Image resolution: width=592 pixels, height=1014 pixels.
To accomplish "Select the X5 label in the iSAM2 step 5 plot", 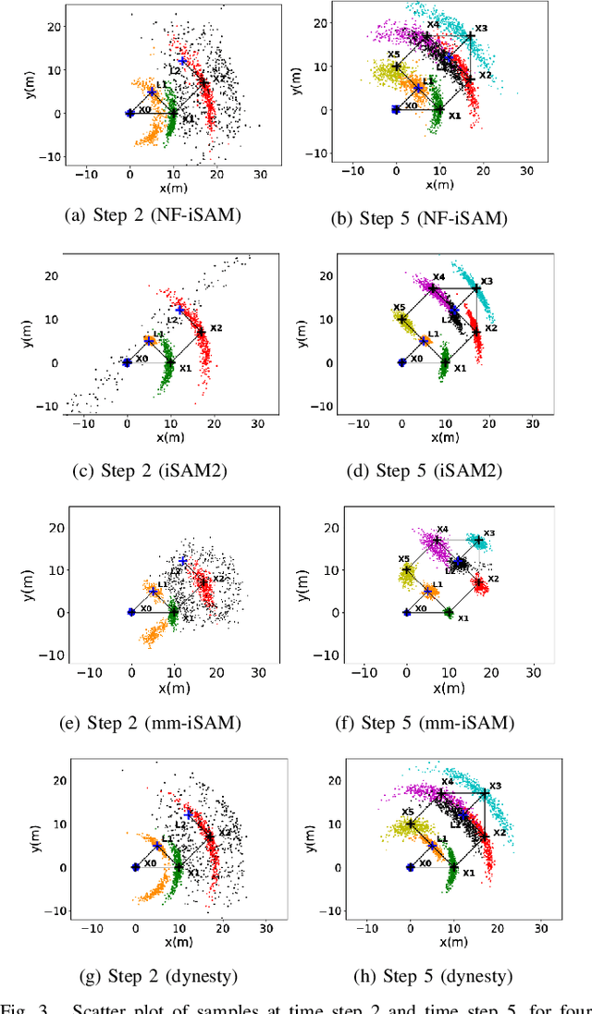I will [x=399, y=307].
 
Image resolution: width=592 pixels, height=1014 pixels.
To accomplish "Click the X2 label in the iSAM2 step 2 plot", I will [x=216, y=327].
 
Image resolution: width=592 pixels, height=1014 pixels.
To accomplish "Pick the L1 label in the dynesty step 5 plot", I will [x=441, y=839].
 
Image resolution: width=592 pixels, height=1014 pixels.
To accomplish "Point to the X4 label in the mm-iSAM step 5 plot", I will [x=442, y=530].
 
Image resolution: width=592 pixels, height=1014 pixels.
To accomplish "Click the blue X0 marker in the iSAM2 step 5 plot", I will [x=401, y=362].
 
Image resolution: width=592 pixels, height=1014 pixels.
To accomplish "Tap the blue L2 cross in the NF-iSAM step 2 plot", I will [x=182, y=61].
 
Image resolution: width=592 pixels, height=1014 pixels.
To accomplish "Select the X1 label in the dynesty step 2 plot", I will [x=192, y=872].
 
